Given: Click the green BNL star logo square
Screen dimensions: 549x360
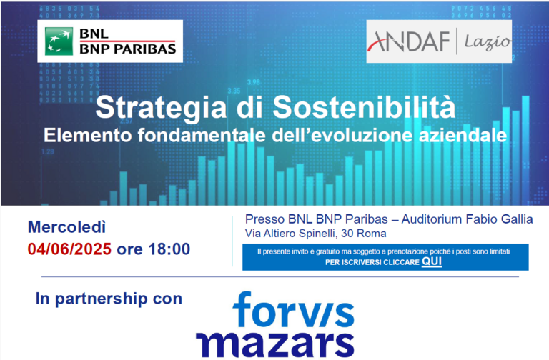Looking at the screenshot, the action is coord(59,41).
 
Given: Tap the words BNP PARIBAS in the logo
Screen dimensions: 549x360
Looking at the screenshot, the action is coord(128,49).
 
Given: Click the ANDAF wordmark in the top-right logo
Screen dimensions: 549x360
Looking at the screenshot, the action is coord(409,41).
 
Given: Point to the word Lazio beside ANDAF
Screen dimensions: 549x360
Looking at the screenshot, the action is coord(488,42).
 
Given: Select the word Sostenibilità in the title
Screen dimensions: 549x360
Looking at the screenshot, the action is coord(364,106).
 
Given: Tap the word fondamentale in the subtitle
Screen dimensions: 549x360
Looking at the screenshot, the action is coord(202,136).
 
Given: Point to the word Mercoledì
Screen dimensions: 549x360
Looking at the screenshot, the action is coord(66,227).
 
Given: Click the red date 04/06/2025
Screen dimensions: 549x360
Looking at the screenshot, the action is coord(69,249).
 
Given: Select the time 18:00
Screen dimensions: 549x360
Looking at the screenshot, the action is coord(169,249).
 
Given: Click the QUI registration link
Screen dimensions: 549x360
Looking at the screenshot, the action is coord(432,261).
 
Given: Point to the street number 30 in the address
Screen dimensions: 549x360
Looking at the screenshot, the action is coord(347,234).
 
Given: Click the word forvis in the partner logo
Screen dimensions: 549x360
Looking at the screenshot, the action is coord(293,309).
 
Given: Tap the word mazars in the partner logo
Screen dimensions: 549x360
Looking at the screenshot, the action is coord(274,344).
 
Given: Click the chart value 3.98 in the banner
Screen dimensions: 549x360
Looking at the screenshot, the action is coord(254,83).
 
